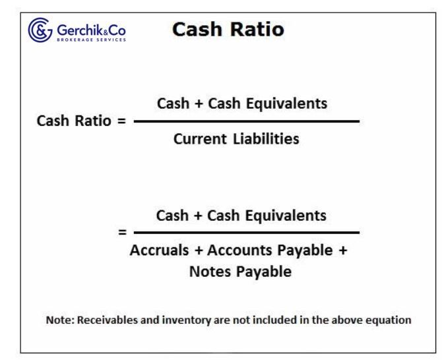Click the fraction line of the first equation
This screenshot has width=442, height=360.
point(246,121)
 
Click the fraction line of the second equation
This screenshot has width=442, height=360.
point(246,232)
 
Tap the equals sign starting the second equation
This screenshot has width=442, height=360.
point(121,233)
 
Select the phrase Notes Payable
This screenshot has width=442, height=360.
point(245,272)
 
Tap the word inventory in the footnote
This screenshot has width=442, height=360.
point(189,320)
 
